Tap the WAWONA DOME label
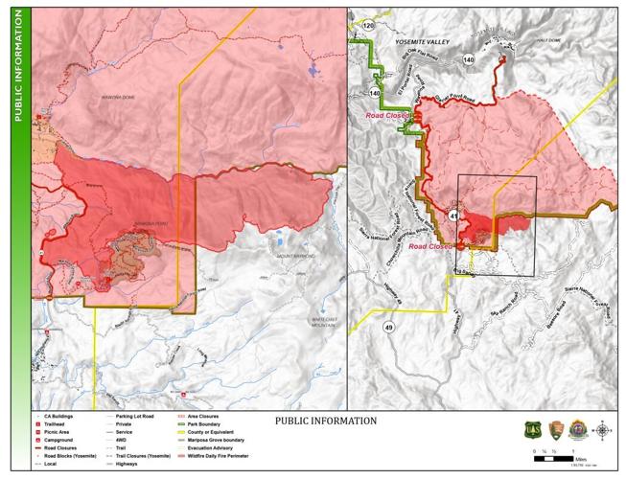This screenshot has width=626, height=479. click(115, 97)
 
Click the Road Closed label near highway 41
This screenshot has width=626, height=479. click(430, 246)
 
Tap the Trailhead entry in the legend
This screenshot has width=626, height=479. click(56, 425)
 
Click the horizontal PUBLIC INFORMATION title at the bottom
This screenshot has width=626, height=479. click(326, 421)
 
